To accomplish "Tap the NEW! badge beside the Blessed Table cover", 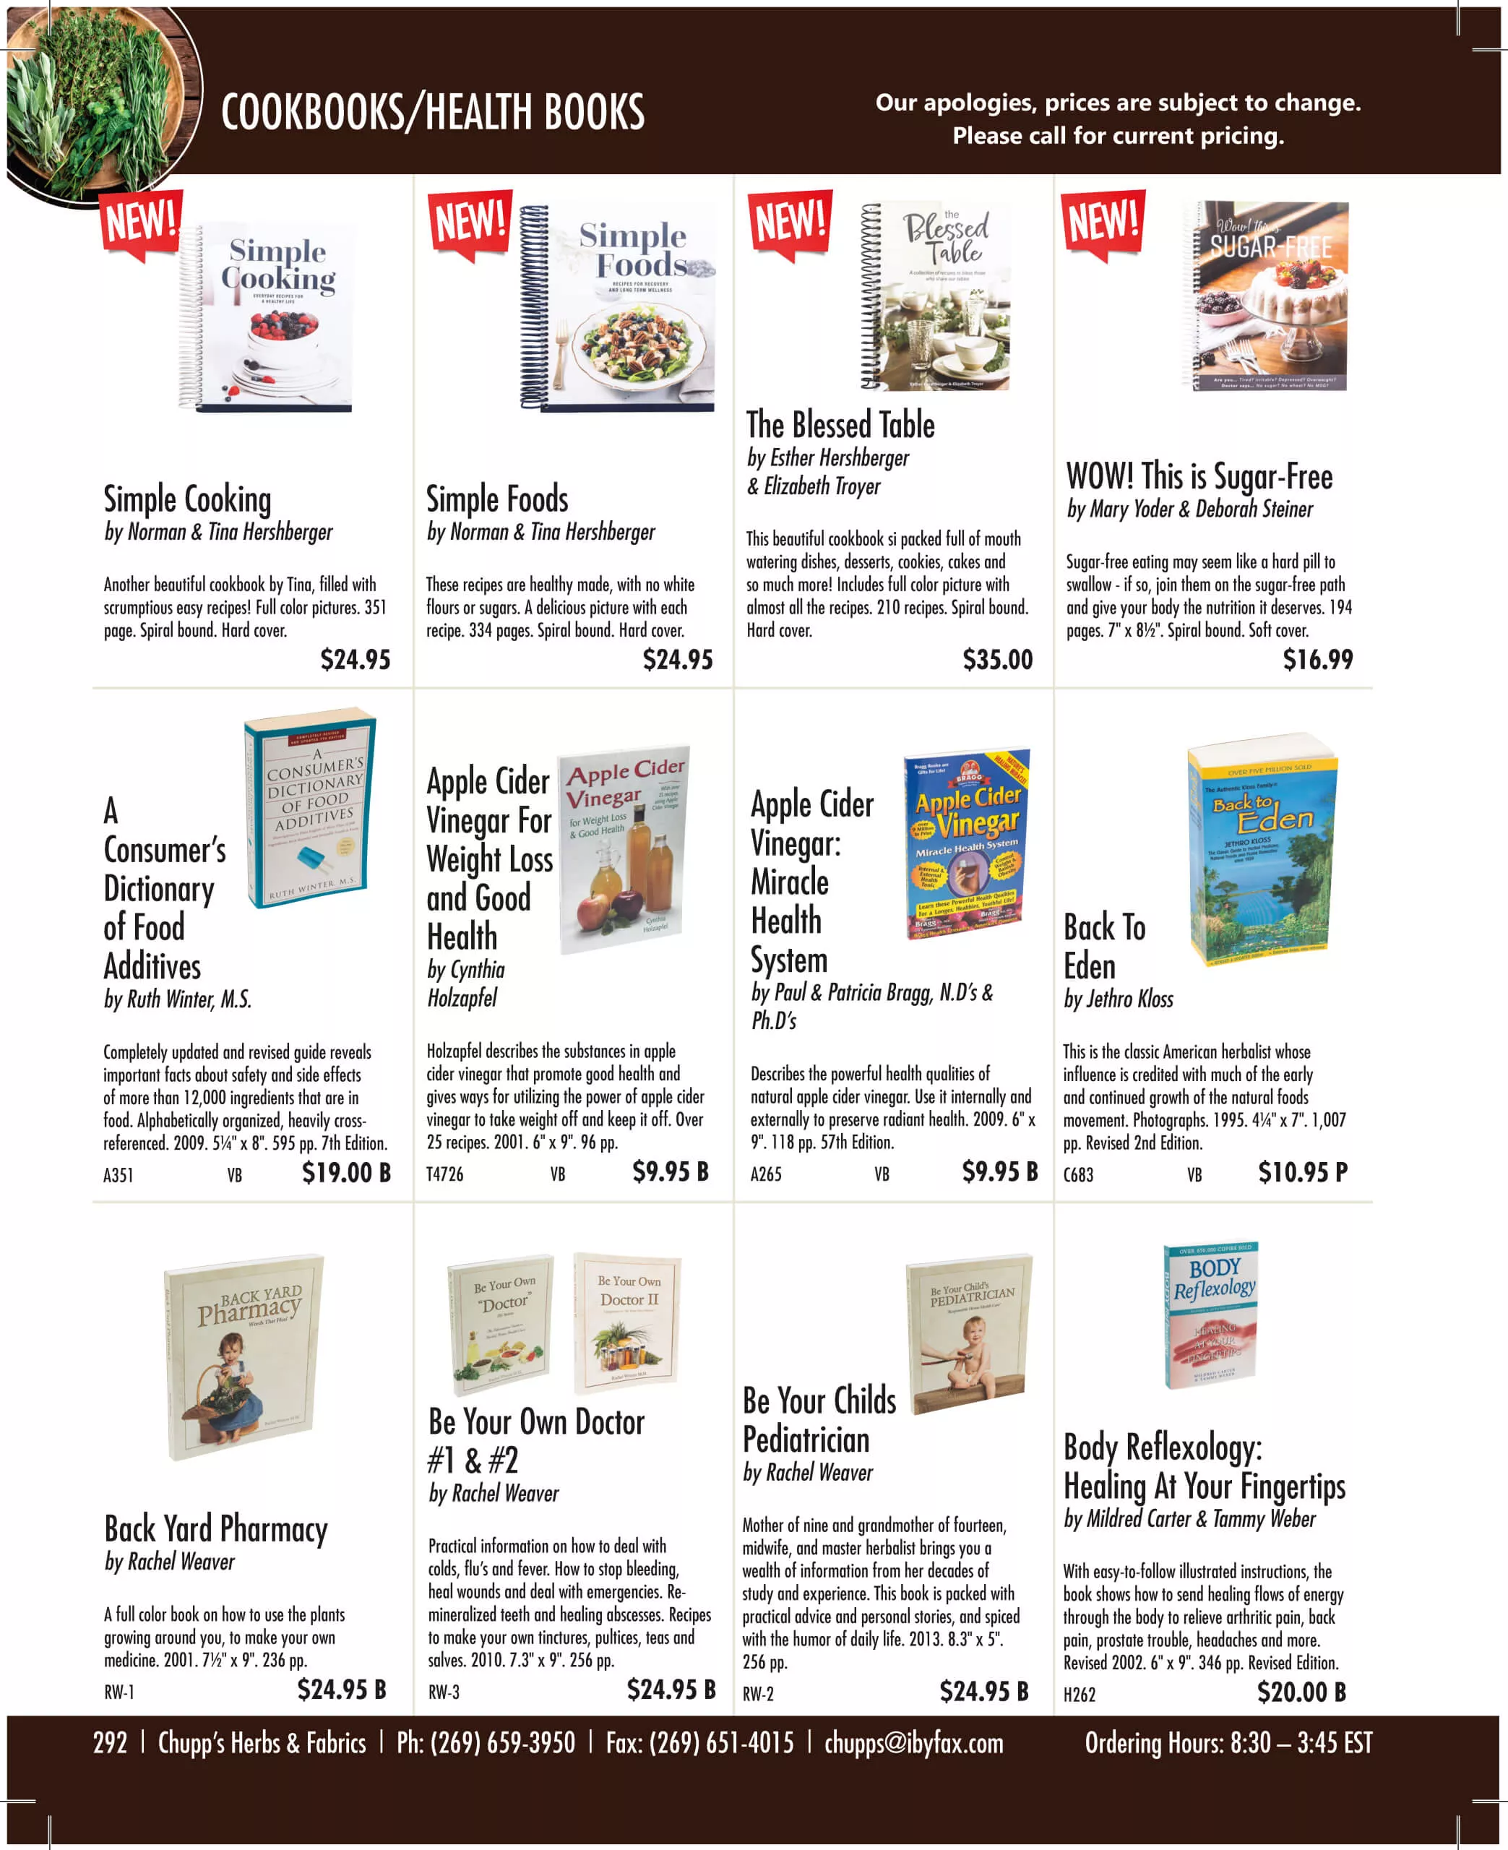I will (x=790, y=223).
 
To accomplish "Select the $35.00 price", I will (x=997, y=660).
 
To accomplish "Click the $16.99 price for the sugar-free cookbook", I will (x=1317, y=660).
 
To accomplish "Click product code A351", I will (x=118, y=1175).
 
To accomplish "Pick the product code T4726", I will (x=445, y=1174).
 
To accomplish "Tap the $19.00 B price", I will (x=345, y=1173).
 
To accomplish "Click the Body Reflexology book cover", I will (x=1211, y=1315).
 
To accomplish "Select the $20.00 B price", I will (x=1301, y=1692).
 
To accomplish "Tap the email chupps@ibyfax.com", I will (x=913, y=1743).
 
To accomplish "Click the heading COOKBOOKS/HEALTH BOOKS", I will (x=433, y=113).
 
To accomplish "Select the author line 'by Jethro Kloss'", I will (x=1118, y=999).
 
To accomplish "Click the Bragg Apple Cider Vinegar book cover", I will (x=967, y=843).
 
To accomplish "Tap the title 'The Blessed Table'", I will (x=840, y=426).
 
